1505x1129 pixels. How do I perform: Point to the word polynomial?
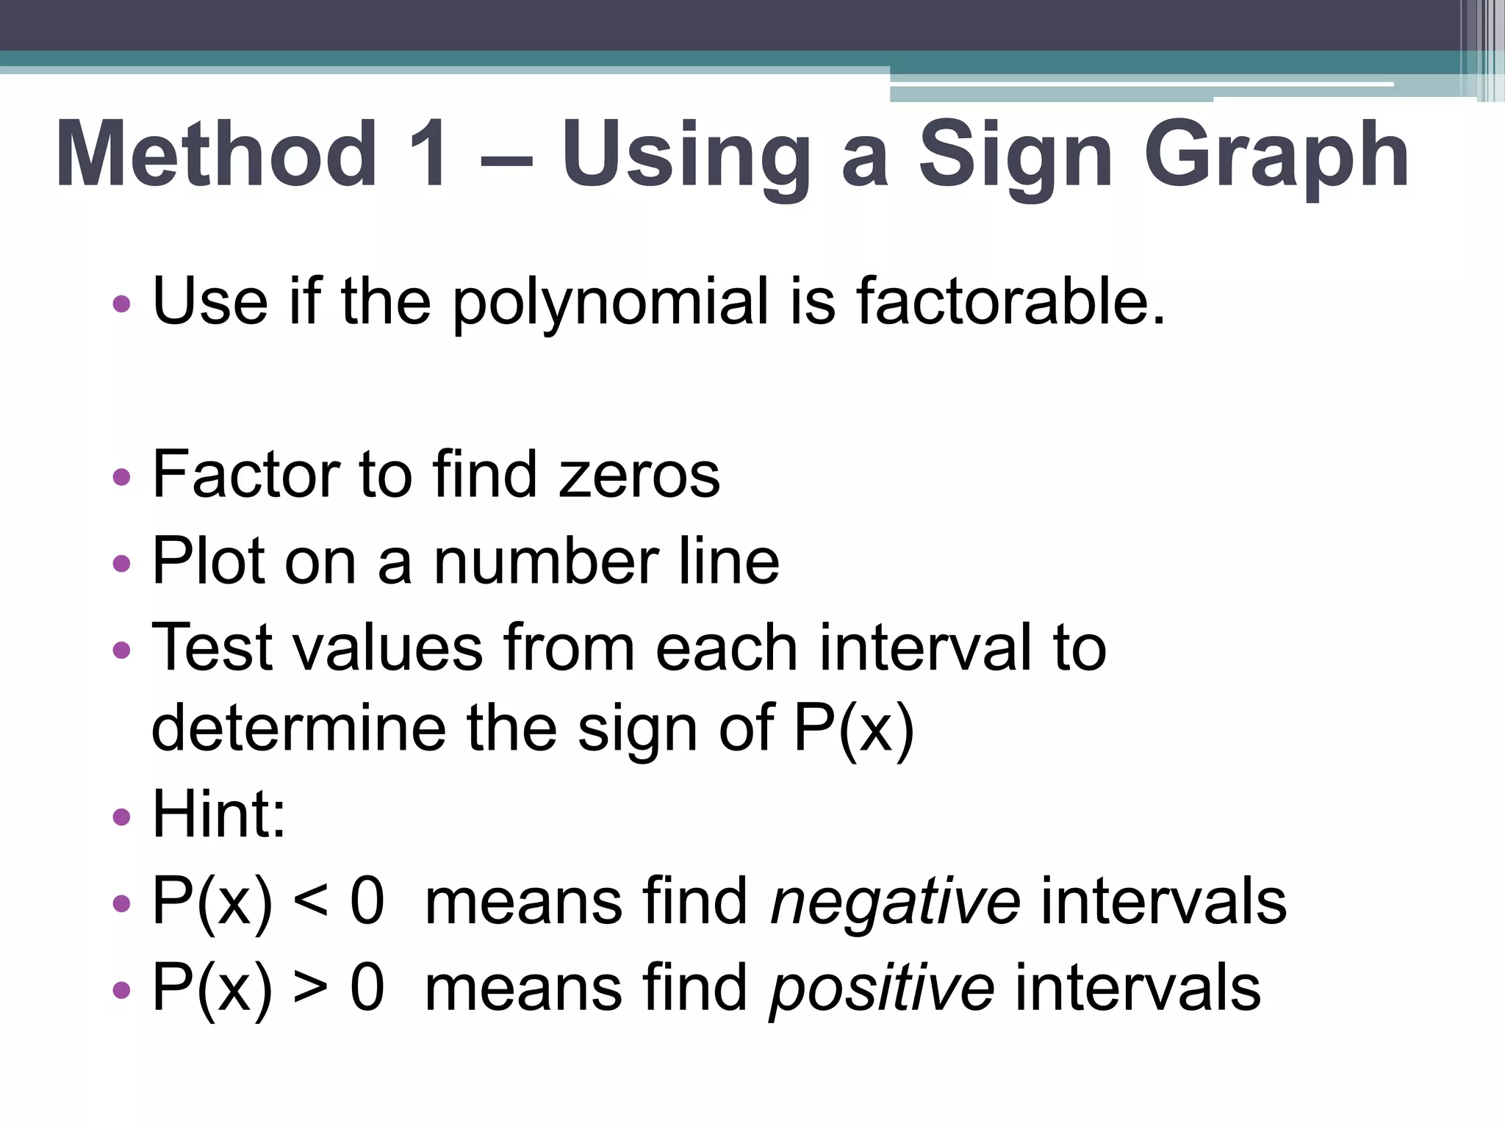pyautogui.click(x=610, y=303)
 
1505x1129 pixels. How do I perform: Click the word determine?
pyautogui.click(x=298, y=728)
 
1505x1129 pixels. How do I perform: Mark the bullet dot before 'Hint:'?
pyautogui.click(x=122, y=817)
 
